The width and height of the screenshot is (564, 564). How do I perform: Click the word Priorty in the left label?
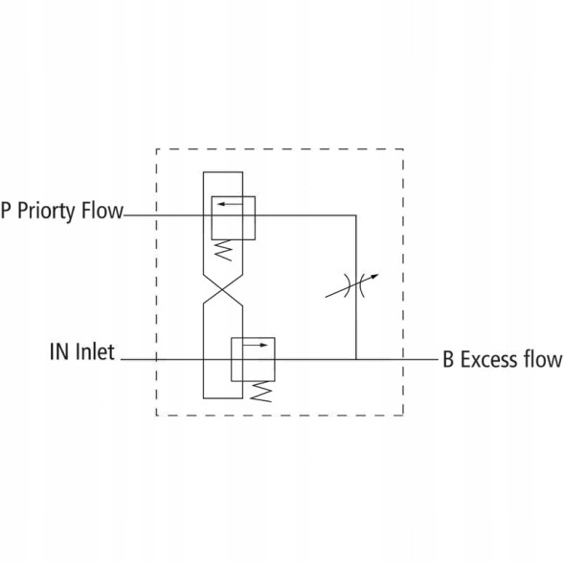click(47, 211)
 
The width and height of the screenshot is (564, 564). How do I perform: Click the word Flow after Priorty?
click(102, 210)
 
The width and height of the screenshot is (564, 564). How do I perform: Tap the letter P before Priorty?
click(6, 210)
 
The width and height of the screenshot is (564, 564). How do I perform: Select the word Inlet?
click(96, 351)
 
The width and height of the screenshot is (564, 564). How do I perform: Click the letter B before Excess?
click(448, 359)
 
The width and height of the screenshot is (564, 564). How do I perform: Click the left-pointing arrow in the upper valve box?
click(230, 204)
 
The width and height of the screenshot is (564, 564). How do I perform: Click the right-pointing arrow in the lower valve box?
click(256, 345)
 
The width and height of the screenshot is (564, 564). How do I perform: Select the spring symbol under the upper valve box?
click(223, 250)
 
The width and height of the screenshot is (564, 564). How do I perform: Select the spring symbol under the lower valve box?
click(260, 392)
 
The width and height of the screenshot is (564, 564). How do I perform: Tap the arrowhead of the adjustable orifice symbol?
click(374, 277)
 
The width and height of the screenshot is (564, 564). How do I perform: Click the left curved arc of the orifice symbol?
click(347, 285)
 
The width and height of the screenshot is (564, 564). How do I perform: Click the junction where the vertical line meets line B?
click(356, 359)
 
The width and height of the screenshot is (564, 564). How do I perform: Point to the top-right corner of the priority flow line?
click(356, 215)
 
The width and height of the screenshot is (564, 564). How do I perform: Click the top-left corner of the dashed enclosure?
click(156, 149)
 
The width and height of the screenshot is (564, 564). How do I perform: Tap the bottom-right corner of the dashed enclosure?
click(403, 416)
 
